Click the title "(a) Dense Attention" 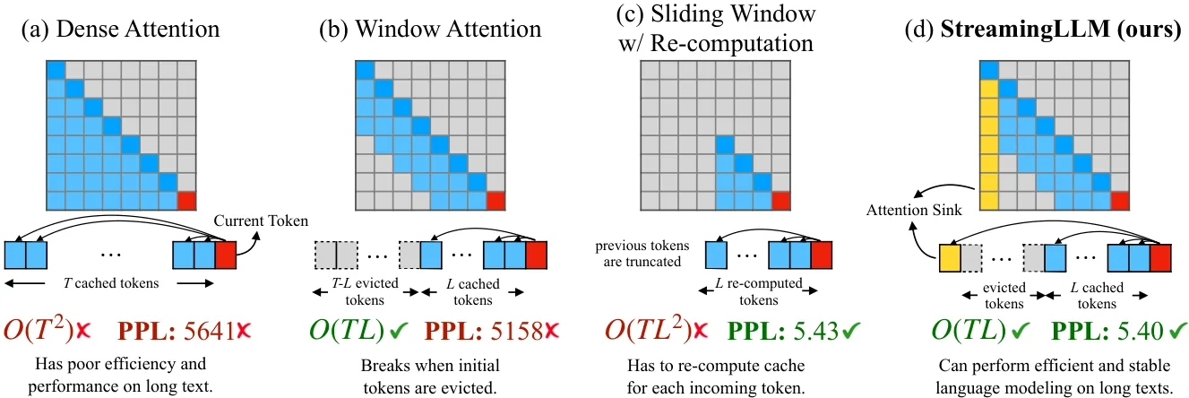coord(120,29)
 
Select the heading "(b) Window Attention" coord(430,29)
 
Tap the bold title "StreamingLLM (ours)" coord(1061,29)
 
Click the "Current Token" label coord(261,221)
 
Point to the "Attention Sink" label coord(914,210)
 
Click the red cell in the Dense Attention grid coord(186,201)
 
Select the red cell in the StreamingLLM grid coord(1119,201)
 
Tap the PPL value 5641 coord(209,331)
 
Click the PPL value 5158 coord(516,331)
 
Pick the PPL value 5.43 coord(816,331)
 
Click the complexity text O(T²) coord(38,329)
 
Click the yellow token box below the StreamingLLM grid coord(950,258)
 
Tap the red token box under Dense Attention coord(226,255)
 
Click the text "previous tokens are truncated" coord(642,254)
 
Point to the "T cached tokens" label coord(111,283)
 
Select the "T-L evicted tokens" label coord(365,291)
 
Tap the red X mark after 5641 coord(243,331)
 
